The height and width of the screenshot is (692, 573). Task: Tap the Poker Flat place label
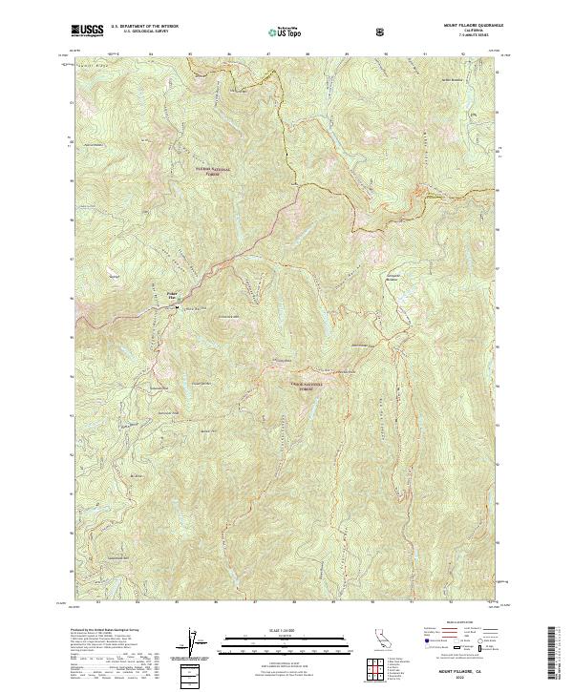[x=173, y=296]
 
